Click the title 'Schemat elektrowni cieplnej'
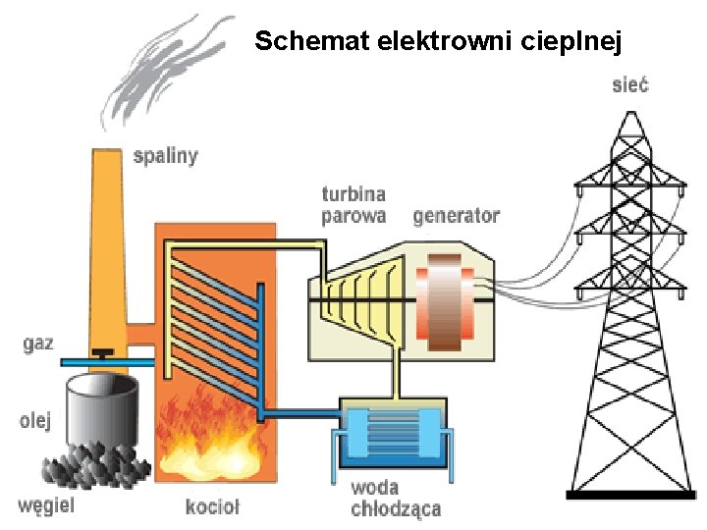click(438, 41)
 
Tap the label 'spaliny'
click(165, 155)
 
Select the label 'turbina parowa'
click(353, 205)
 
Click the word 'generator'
click(456, 215)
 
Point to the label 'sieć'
click(629, 84)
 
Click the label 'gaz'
click(38, 344)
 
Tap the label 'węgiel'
click(45, 506)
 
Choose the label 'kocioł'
click(212, 506)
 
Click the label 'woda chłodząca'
click(395, 499)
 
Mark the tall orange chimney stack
click(107, 245)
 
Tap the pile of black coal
click(93, 465)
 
